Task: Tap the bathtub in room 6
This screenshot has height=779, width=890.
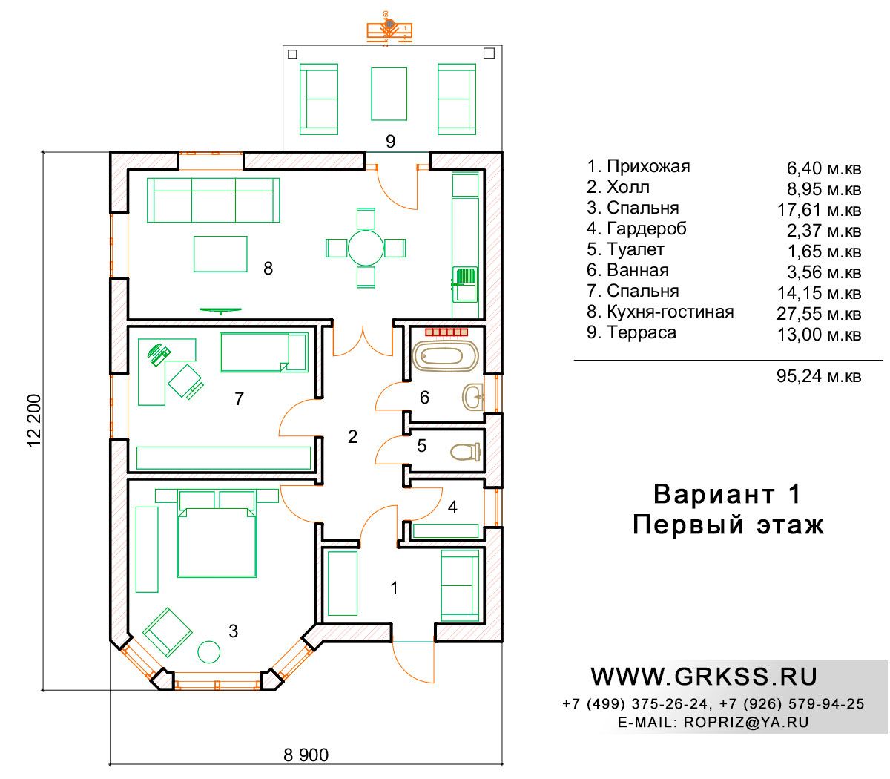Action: click(x=444, y=357)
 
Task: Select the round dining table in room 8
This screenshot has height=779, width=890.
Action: click(x=366, y=248)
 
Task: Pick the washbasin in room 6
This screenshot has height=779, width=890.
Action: click(x=473, y=397)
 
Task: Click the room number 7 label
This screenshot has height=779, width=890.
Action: click(x=239, y=398)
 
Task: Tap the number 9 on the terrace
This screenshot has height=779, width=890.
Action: click(x=390, y=141)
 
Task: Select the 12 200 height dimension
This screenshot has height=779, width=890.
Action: click(x=34, y=421)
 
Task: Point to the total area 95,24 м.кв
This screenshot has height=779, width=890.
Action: click(x=819, y=376)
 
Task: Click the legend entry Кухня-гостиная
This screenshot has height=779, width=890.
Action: click(x=670, y=312)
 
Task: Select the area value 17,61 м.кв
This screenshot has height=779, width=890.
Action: click(x=819, y=210)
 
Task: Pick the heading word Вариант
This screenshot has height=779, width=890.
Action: click(x=713, y=495)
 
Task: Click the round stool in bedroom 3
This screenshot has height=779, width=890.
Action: click(x=209, y=652)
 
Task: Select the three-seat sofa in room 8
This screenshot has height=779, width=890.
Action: click(x=213, y=200)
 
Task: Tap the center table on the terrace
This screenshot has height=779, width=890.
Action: click(x=389, y=93)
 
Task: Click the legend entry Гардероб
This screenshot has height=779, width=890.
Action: click(x=647, y=229)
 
